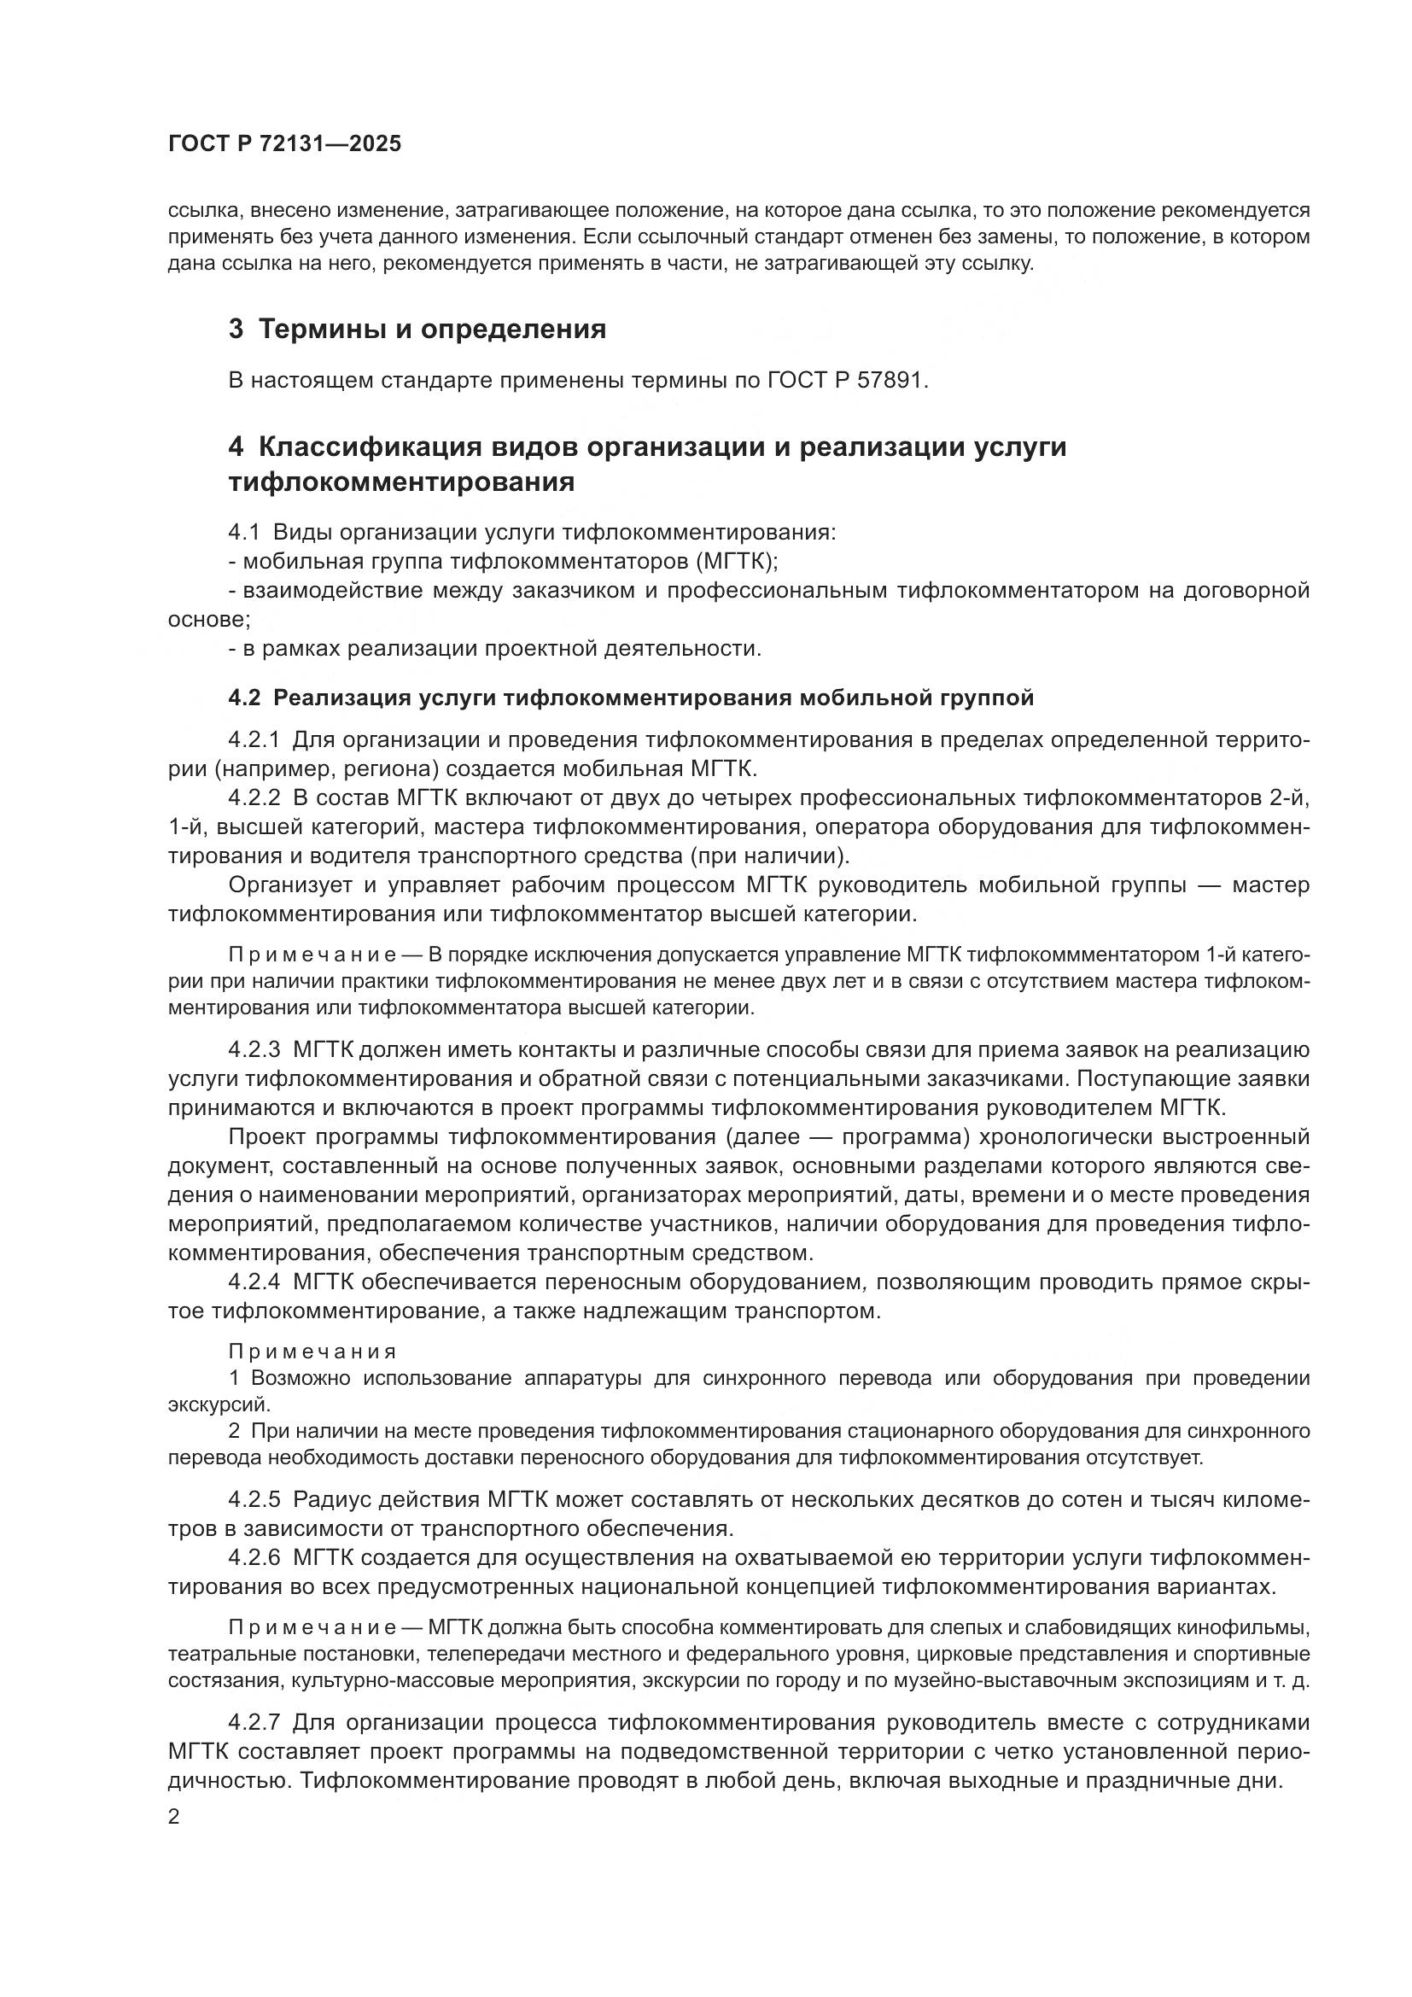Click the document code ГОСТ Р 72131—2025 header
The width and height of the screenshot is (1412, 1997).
point(284,144)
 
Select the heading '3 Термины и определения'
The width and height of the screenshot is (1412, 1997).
point(417,330)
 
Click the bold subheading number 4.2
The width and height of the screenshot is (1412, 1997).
point(244,698)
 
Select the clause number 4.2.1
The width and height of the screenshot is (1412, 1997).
point(254,740)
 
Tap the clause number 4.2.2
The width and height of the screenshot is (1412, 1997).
point(254,797)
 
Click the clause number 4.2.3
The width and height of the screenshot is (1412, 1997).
point(254,1050)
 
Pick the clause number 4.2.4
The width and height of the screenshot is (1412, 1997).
point(254,1282)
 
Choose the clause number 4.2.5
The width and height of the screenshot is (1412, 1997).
point(254,1499)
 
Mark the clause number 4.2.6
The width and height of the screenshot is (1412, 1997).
point(254,1557)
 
